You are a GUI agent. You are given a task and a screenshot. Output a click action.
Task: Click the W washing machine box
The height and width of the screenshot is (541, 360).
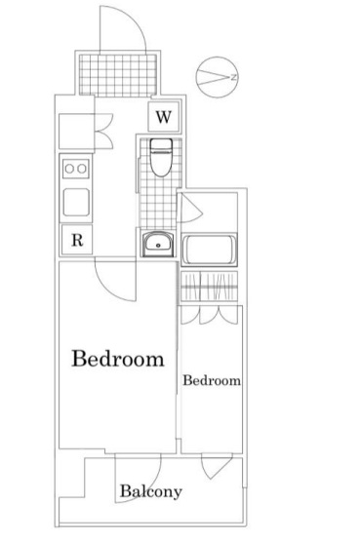(164, 117)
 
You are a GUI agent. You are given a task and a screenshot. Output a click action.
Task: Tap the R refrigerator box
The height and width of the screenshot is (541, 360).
(77, 240)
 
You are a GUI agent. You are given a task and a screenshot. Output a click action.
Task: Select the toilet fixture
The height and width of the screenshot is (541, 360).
(161, 157)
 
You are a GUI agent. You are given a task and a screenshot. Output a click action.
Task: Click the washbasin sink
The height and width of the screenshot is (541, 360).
(158, 245)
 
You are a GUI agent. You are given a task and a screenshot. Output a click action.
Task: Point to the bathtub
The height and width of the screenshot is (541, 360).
(209, 250)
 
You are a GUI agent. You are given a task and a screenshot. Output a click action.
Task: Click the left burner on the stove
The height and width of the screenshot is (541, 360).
(69, 169)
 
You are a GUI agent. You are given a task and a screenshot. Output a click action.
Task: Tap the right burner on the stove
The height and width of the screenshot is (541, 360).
(82, 169)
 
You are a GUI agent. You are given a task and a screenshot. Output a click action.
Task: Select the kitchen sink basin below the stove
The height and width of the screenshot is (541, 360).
(76, 202)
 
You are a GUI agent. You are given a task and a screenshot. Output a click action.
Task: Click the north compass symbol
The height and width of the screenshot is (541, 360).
(218, 77)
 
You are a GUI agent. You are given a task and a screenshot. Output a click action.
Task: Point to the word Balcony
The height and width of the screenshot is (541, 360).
(151, 491)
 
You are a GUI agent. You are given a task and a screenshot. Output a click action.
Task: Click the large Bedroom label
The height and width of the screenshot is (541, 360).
(118, 358)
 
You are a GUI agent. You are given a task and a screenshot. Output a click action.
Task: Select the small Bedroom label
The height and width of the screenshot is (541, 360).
(212, 380)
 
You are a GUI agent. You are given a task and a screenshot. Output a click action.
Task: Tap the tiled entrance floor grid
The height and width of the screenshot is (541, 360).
(118, 75)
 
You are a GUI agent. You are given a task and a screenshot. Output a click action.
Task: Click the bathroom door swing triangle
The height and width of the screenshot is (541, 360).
(190, 208)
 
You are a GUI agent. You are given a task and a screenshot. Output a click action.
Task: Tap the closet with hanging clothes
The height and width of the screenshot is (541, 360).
(209, 286)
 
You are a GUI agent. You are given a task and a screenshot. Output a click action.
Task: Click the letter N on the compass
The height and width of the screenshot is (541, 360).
(234, 77)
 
